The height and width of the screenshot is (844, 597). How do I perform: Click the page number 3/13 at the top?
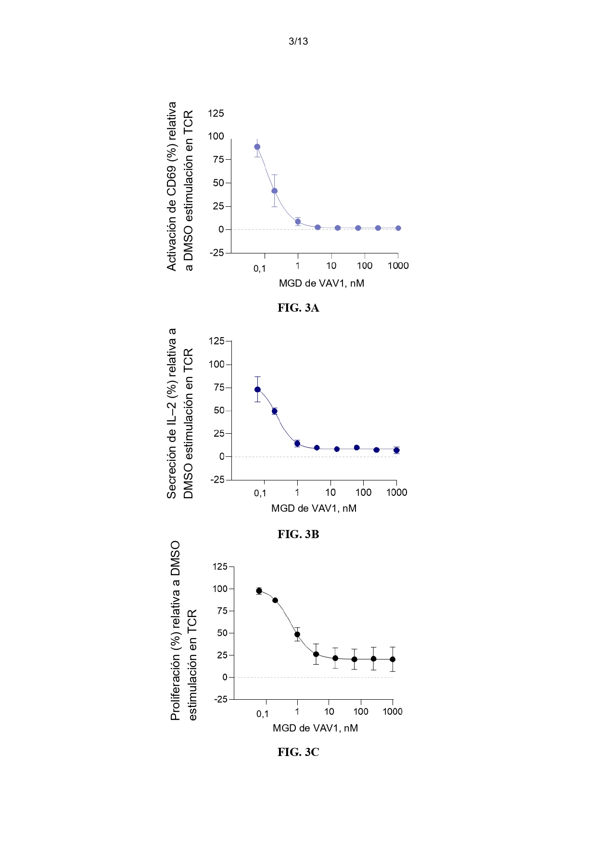coord(298,41)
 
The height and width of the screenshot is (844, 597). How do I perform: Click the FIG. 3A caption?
coord(298,308)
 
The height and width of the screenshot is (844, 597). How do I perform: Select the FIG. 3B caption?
coord(298,534)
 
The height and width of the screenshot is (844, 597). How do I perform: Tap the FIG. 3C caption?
coord(298,752)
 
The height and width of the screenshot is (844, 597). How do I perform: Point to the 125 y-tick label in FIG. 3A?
coord(216,113)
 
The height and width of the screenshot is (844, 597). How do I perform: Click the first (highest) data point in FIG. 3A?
coord(257,147)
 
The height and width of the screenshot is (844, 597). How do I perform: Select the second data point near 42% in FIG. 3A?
coord(274,191)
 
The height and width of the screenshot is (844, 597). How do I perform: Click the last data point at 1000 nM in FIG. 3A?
coord(398,228)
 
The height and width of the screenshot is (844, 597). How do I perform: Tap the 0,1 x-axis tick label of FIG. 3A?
coord(260,268)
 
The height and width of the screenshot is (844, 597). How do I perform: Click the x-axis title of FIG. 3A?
coord(321,283)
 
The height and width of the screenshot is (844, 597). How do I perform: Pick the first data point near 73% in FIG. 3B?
coord(257,390)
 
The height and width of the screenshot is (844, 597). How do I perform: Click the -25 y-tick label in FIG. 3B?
coord(217,480)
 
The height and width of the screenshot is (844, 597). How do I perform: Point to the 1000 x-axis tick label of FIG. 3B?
coord(397,492)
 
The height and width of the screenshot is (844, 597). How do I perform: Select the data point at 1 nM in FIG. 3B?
coord(297,443)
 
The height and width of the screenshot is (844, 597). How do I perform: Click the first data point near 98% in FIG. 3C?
coord(259,591)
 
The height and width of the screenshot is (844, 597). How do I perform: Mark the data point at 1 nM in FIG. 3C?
coord(297,634)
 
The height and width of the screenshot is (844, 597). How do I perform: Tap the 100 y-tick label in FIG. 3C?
coord(220,589)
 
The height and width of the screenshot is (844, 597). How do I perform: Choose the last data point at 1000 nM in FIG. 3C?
coord(393,659)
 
